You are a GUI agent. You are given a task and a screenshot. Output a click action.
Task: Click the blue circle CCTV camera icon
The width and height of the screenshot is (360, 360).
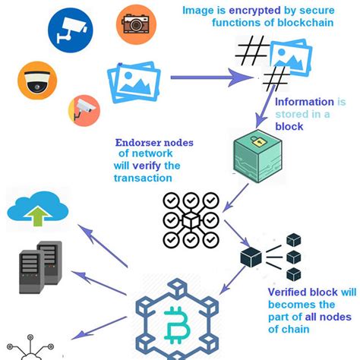[x=71, y=28]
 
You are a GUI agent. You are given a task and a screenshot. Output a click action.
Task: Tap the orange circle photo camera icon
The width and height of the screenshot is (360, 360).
[x=136, y=24]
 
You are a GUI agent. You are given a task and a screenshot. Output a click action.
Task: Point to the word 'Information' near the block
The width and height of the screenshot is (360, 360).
[x=304, y=102]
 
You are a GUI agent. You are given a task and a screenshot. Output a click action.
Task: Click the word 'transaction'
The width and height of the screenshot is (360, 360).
[x=141, y=178]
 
